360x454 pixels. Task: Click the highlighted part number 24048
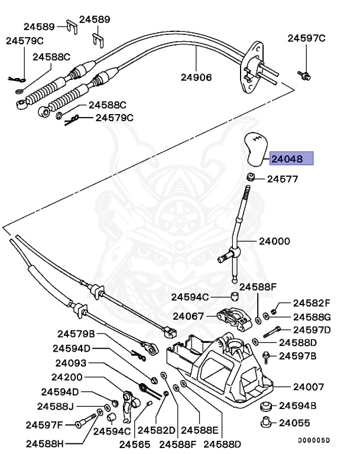point(290,158)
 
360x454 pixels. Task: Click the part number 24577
point(283,178)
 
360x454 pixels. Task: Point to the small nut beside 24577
point(251,177)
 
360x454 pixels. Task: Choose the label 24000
point(274,241)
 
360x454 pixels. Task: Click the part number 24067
point(189,316)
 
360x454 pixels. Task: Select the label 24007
point(308,387)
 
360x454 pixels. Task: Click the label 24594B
point(297,406)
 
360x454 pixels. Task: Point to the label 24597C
point(306,38)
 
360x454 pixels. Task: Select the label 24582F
point(312,302)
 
